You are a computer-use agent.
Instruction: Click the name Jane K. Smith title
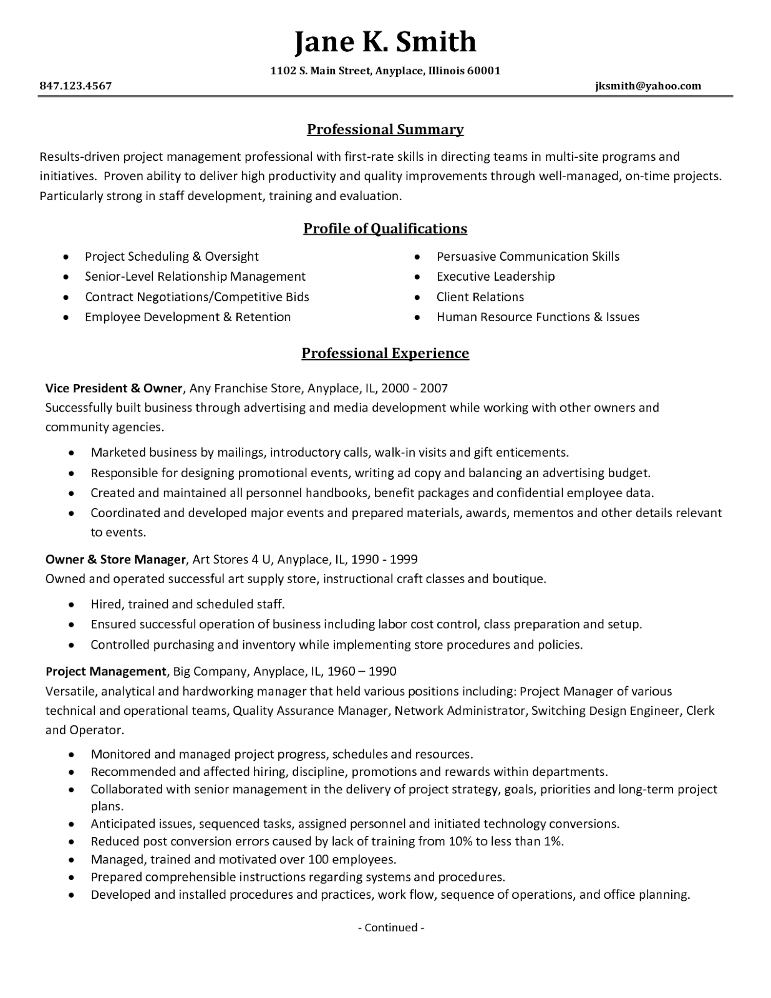click(385, 42)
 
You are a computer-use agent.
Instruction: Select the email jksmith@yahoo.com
click(647, 86)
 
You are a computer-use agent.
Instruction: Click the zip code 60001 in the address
click(483, 70)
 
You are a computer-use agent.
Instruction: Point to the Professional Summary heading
click(385, 130)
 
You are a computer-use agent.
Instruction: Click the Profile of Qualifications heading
click(385, 229)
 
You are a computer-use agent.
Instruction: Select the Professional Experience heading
click(385, 354)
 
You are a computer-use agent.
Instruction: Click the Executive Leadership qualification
click(495, 276)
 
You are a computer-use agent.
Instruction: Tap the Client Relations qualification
click(480, 297)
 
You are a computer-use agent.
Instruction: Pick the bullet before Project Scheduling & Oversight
click(66, 257)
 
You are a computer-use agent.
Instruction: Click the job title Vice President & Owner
click(114, 388)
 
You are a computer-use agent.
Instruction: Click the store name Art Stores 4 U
click(231, 559)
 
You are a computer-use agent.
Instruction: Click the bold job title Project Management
click(106, 671)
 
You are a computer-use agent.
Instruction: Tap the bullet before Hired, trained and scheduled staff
click(72, 605)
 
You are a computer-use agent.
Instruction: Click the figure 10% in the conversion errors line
click(460, 841)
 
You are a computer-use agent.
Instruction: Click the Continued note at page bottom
click(391, 928)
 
